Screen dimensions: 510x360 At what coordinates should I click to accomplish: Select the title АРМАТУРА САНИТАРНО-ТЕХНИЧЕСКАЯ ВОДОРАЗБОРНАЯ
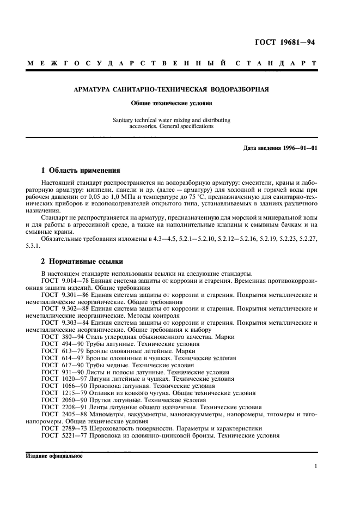(172, 89)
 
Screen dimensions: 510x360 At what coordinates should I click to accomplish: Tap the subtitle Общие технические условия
(172, 102)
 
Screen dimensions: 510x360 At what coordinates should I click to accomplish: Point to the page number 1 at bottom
(316, 466)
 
